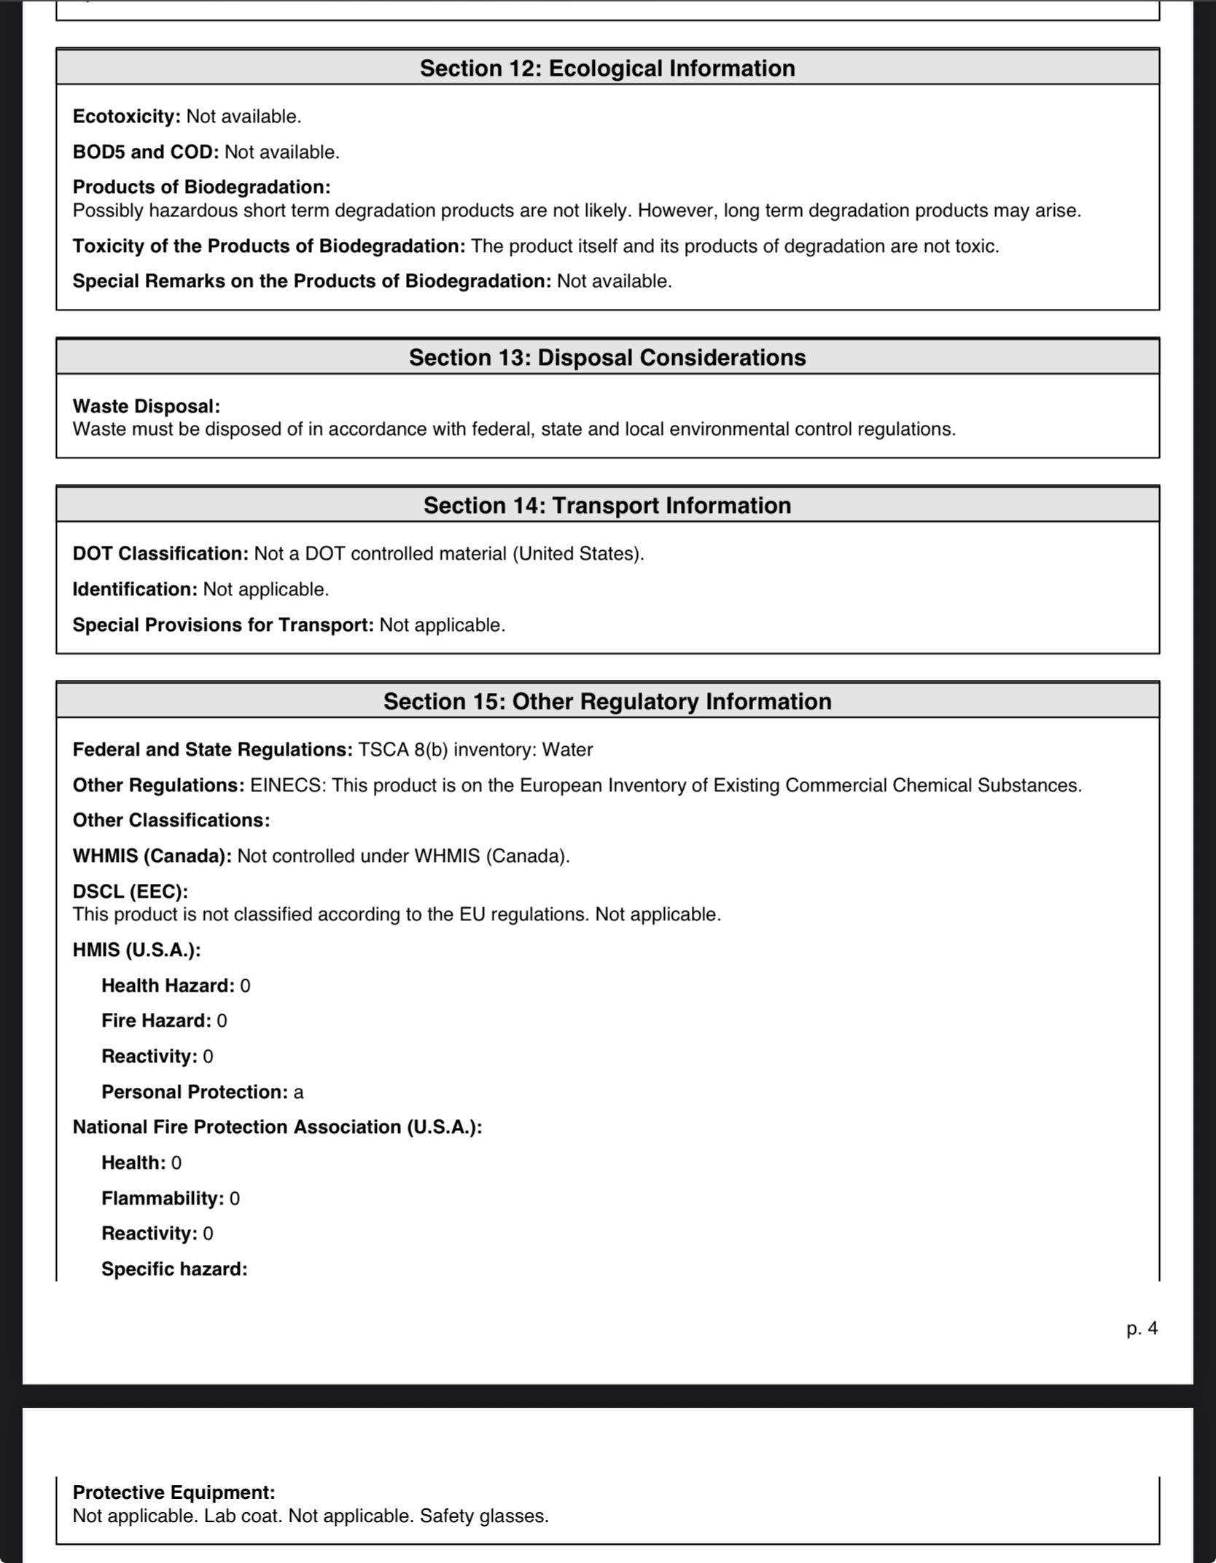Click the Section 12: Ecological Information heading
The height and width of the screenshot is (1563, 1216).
tap(607, 68)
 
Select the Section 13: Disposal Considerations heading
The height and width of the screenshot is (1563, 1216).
tap(607, 357)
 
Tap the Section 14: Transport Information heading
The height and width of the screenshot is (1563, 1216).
tap(607, 505)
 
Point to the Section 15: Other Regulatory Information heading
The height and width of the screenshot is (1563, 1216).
tap(607, 701)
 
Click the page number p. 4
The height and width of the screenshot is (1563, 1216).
tap(1142, 1328)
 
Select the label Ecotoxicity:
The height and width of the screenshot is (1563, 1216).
tap(126, 117)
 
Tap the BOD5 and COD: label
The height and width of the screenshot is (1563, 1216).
tap(145, 152)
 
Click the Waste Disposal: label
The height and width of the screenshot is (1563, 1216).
tap(146, 406)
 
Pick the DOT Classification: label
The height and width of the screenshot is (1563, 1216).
tap(160, 554)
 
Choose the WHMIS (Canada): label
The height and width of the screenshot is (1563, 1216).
tap(152, 855)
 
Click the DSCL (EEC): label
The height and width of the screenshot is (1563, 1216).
tap(130, 891)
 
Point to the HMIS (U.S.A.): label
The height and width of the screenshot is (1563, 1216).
tap(136, 950)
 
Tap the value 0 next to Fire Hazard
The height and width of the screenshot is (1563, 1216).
tap(222, 1021)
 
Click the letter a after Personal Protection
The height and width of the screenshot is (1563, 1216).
tap(298, 1092)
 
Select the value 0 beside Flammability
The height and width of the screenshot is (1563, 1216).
tap(234, 1199)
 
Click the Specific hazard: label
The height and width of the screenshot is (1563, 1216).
tap(174, 1269)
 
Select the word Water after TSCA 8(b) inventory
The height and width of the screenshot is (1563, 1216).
tap(567, 750)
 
